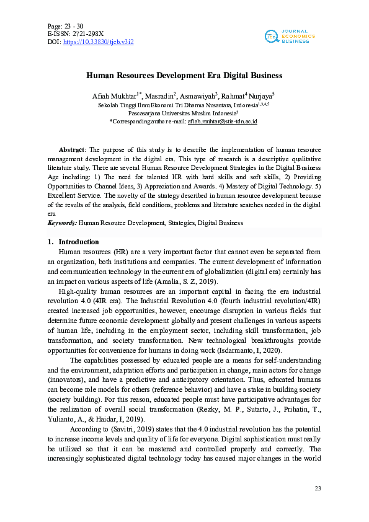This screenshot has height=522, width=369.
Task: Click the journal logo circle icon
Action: pos(270,36)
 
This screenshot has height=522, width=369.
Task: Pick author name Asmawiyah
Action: pos(197,97)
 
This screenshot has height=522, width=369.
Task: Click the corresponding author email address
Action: pos(223,122)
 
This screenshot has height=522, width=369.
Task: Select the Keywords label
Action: pos(63,223)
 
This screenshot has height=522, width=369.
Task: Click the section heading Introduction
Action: pos(78,242)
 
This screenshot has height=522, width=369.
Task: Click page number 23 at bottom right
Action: pos(318,490)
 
